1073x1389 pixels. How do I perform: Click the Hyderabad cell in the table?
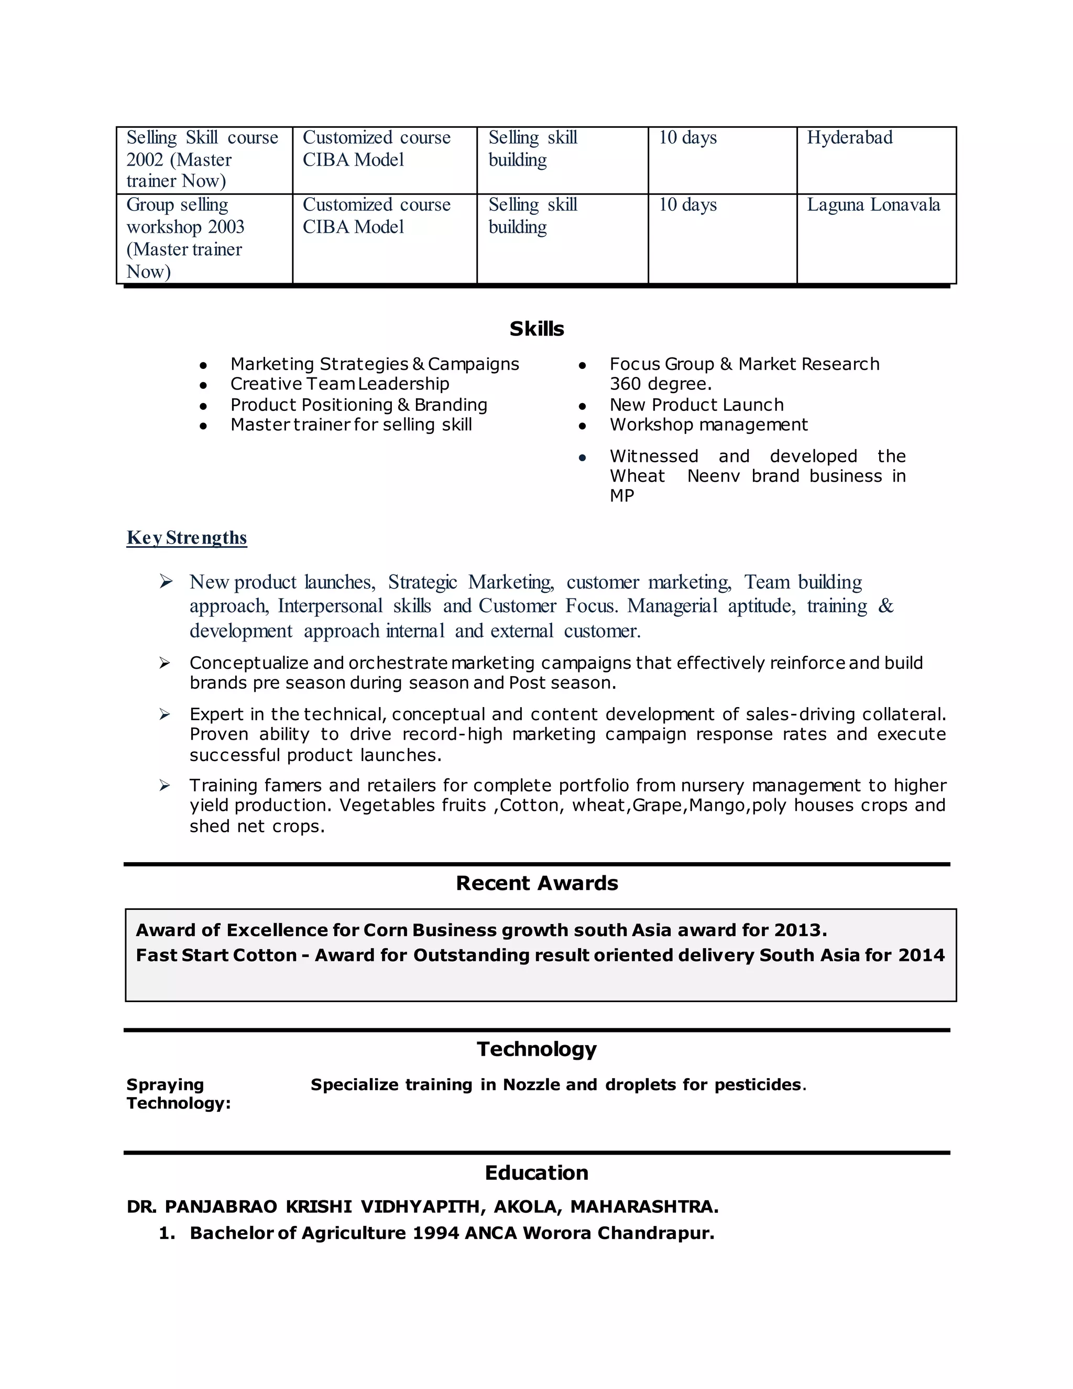pos(849,138)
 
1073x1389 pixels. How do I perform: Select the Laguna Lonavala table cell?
pos(873,205)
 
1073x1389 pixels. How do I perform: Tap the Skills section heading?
pos(536,329)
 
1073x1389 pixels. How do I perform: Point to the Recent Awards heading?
pos(536,883)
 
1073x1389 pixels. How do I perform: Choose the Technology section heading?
pos(536,1049)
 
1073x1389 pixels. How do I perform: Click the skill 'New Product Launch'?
pos(696,405)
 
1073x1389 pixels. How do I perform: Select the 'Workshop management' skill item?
pos(708,425)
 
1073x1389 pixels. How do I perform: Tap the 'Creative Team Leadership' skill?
pos(340,384)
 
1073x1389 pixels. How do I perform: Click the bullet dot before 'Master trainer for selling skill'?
pos(203,426)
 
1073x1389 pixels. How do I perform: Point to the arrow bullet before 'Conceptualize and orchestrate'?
pos(165,664)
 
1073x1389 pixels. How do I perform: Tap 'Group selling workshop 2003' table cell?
pos(185,238)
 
